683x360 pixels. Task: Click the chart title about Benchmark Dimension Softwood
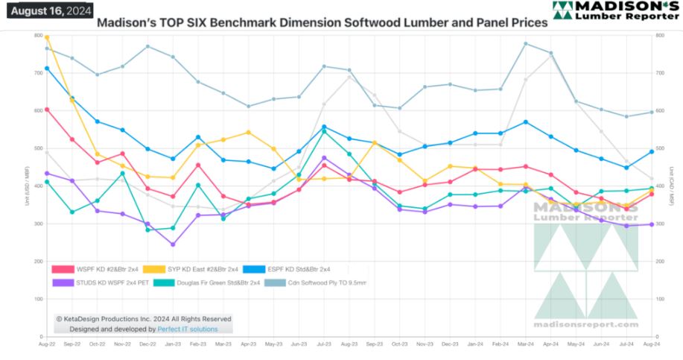tap(322, 23)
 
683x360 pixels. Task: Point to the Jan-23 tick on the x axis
tap(173, 345)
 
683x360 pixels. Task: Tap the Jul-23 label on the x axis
tap(324, 345)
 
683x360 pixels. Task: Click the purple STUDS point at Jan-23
tap(173, 244)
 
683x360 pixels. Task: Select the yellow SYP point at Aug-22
tap(47, 37)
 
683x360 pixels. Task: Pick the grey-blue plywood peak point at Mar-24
tap(526, 43)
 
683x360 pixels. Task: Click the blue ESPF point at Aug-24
tap(652, 151)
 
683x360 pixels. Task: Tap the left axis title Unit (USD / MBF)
tap(28, 186)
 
